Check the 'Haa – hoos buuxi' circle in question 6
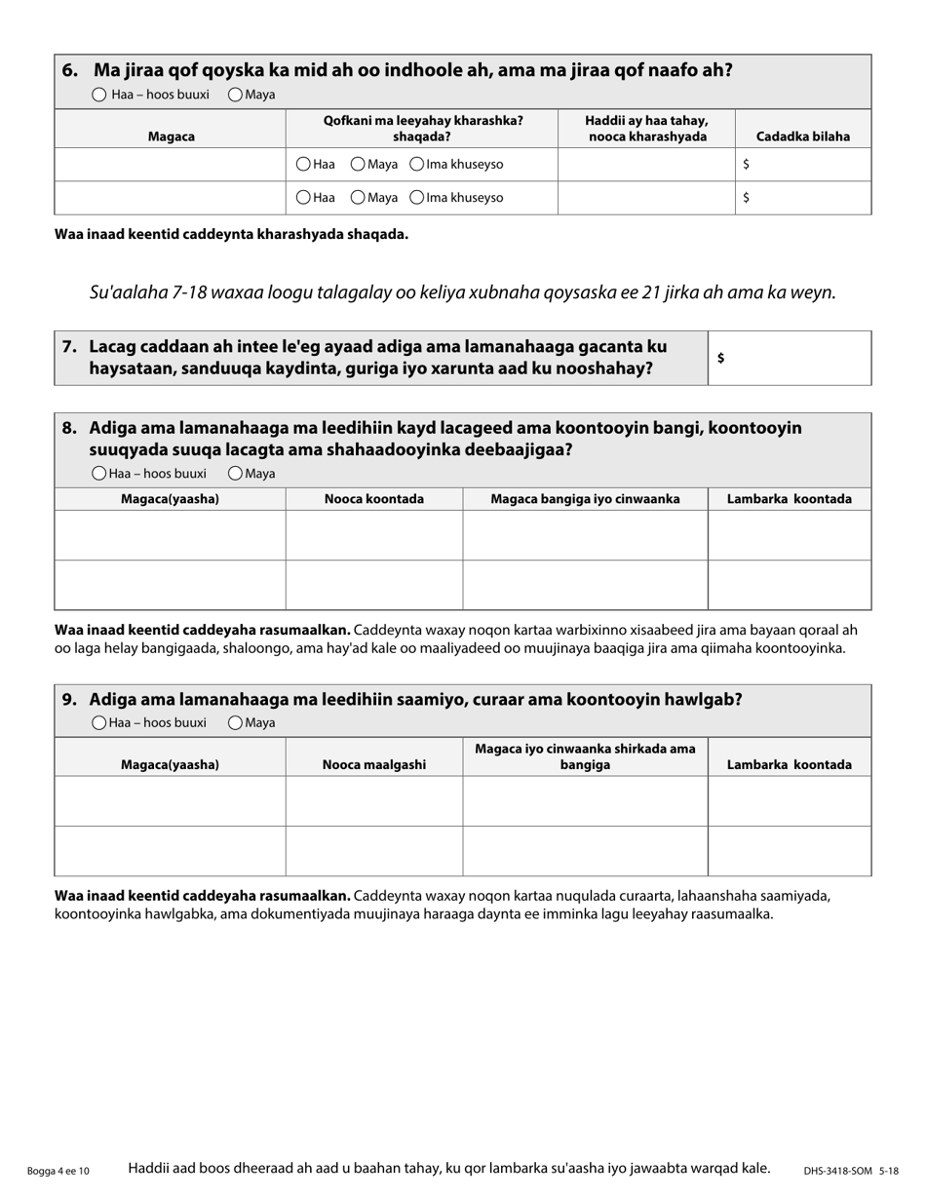(x=98, y=95)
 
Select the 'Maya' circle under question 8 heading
(x=235, y=474)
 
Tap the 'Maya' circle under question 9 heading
(x=235, y=722)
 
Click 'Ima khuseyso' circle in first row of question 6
(x=417, y=165)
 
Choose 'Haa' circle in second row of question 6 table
(x=303, y=198)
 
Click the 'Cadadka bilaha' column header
(x=802, y=136)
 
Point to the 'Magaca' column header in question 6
(x=171, y=136)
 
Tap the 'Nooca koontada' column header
(x=373, y=499)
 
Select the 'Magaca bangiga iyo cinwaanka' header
(x=585, y=499)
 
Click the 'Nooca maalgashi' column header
(x=373, y=764)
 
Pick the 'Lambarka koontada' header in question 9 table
(x=789, y=764)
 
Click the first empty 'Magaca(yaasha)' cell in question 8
(x=170, y=534)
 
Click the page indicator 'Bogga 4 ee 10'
(x=58, y=1171)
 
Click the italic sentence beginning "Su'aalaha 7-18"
(x=462, y=291)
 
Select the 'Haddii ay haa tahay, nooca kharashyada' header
(x=645, y=129)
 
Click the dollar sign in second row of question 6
(x=746, y=198)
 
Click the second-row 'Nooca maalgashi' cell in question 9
(x=373, y=851)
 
